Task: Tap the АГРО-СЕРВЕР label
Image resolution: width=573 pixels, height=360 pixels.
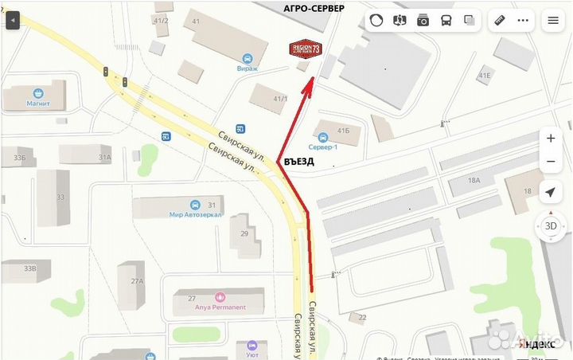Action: click(314, 8)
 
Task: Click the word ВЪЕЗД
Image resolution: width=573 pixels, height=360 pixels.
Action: click(298, 161)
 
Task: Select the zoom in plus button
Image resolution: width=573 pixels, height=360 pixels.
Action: click(551, 138)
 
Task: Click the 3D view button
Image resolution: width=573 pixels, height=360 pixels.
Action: click(551, 225)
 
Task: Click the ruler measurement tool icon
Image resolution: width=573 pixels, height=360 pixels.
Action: click(501, 21)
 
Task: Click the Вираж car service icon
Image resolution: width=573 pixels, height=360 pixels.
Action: click(247, 58)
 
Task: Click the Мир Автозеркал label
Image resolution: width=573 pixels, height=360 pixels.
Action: click(195, 214)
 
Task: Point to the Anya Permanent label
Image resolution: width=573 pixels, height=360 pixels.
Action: click(217, 307)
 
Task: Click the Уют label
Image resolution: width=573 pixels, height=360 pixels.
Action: click(251, 345)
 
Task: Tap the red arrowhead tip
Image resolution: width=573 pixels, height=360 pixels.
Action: click(311, 76)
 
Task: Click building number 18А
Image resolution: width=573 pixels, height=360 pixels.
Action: click(474, 181)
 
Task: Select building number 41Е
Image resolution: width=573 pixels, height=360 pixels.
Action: click(485, 75)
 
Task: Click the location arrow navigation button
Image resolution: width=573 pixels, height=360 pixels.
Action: click(551, 192)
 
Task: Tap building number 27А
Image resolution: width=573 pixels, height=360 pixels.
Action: click(138, 281)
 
